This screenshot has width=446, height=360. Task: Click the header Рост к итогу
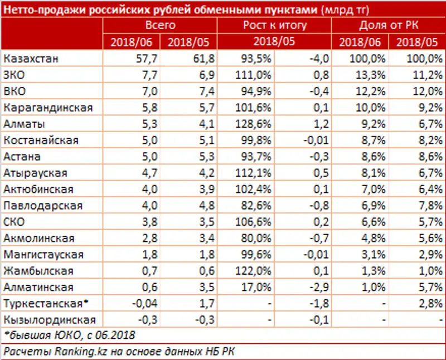point(275,25)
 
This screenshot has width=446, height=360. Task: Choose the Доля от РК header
point(389,25)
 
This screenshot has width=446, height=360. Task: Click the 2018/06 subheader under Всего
point(132,41)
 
